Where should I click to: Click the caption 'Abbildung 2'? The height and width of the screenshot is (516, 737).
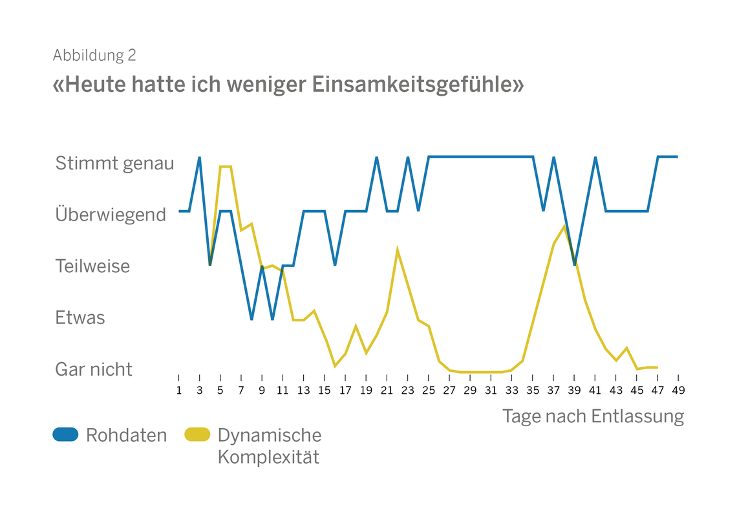point(94,56)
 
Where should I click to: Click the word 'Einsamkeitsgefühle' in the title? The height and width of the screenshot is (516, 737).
point(418,85)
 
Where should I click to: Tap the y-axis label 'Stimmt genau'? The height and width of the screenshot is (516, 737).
point(114,163)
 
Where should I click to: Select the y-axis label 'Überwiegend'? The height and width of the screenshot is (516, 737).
point(111,214)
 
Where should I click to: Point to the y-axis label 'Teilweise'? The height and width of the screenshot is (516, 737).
point(92,266)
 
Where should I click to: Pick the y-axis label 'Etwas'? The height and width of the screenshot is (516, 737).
point(80,317)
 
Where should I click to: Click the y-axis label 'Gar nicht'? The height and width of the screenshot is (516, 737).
point(94,369)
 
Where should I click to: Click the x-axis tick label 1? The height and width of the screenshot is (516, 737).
point(179,390)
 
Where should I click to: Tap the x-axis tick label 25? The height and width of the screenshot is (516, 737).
point(429,390)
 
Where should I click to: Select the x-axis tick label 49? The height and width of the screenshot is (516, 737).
point(678,390)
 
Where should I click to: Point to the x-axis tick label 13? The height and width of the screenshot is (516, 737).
point(304,390)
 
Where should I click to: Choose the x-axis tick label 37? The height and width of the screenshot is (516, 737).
point(553,390)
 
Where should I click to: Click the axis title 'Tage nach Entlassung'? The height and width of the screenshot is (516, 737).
point(593,416)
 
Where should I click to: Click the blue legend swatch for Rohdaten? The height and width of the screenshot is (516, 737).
point(65,435)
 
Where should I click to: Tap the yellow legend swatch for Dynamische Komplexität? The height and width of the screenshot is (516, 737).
point(197,435)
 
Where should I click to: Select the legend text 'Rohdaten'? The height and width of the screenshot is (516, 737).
point(126,435)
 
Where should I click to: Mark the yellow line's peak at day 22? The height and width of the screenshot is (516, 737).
point(398,249)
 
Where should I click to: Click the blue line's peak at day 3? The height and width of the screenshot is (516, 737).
point(200,157)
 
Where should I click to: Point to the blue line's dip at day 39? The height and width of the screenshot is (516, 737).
point(574,264)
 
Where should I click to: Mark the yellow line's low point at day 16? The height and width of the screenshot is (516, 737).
point(335,366)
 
